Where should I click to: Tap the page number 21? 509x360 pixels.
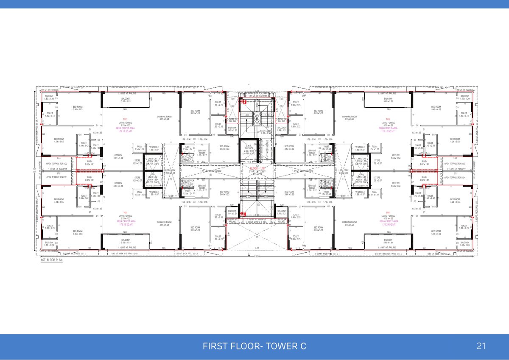pyautogui.click(x=481, y=346)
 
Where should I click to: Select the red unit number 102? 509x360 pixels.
pyautogui.click(x=125, y=120)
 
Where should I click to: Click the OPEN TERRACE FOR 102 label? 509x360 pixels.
pyautogui.click(x=57, y=163)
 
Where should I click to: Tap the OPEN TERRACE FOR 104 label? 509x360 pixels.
pyautogui.click(x=455, y=177)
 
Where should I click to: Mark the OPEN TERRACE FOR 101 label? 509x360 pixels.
pyautogui.click(x=57, y=177)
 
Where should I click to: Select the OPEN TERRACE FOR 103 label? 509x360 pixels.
pyautogui.click(x=455, y=163)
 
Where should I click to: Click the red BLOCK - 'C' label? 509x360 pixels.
pyautogui.click(x=257, y=168)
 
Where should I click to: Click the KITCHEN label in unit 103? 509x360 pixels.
pyautogui.click(x=395, y=156)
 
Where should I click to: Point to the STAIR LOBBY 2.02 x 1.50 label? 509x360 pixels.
pyautogui.click(x=266, y=132)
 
